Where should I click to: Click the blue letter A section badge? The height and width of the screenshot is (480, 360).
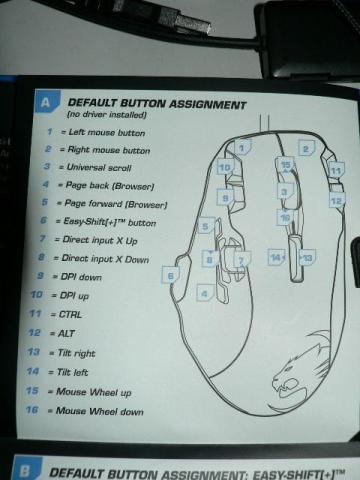coord(46,102)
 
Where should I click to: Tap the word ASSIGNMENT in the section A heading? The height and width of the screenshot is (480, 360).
coord(207,105)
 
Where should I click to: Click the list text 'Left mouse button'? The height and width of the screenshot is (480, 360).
coord(107,133)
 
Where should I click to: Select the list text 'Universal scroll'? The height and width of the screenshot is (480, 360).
coord(99,167)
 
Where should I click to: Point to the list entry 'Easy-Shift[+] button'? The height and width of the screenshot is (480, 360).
coord(110,222)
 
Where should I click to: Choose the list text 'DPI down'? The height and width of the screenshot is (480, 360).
coord(81,277)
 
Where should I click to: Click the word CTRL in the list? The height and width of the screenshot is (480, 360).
coord(70,314)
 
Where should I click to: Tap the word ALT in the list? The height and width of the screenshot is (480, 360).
coord(66,333)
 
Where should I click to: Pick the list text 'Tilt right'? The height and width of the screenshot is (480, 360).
coord(76,353)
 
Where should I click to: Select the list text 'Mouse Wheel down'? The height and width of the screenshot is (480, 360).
coord(99,411)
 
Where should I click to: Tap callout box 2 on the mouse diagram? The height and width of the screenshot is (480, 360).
coord(305,148)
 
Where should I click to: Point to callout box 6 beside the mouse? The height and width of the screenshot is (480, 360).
coord(171,276)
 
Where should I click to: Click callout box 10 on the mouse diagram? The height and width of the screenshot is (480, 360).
coord(225,167)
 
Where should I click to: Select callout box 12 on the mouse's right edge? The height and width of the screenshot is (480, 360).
coord(337,201)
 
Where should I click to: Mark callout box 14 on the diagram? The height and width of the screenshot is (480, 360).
coord(276,257)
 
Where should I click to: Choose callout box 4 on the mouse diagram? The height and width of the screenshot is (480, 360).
coord(204,294)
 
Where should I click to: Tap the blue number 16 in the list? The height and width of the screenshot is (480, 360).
coord(32,410)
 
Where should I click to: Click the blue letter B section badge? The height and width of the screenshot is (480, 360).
coord(25,470)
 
